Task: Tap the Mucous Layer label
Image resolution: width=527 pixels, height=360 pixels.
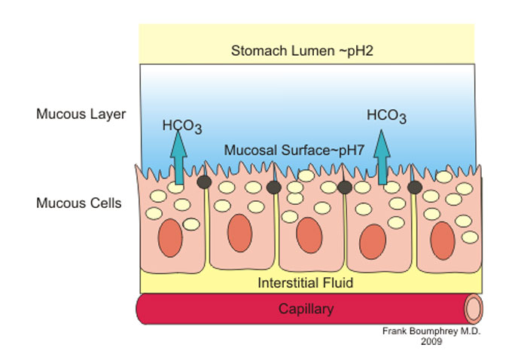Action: pos(81,114)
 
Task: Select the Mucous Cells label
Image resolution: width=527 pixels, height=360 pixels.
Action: pos(79,203)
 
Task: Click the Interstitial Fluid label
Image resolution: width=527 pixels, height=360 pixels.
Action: pos(305,283)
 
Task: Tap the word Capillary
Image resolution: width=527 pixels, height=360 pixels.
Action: pos(306,309)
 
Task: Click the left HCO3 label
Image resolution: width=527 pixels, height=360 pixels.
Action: pos(181,125)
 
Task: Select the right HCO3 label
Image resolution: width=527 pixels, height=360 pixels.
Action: pos(386,117)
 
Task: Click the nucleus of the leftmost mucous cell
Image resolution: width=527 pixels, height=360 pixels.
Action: pos(170,240)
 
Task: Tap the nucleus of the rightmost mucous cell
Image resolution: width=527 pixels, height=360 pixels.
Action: pos(443,241)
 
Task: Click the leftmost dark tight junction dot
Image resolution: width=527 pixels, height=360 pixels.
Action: pos(203,182)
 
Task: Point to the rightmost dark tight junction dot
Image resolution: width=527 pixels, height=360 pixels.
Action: pos(414,187)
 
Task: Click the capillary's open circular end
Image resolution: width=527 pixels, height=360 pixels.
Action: pos(473,310)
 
